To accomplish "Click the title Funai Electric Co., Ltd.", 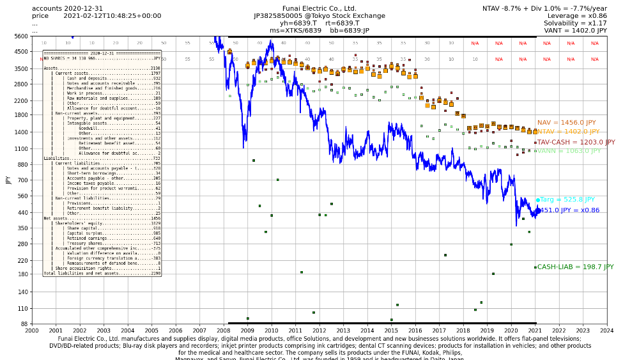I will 319,8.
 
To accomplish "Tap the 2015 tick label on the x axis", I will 391,331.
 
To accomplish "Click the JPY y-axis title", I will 8,180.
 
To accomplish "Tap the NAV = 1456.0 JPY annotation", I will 566,122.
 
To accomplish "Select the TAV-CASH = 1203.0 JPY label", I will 576,143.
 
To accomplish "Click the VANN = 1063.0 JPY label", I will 569,151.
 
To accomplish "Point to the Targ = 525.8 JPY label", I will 567,200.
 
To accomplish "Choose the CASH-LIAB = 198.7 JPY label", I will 575,267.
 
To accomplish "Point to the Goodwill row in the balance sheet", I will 102,129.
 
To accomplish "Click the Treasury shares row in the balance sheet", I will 102,244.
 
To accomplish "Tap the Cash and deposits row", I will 102,79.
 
